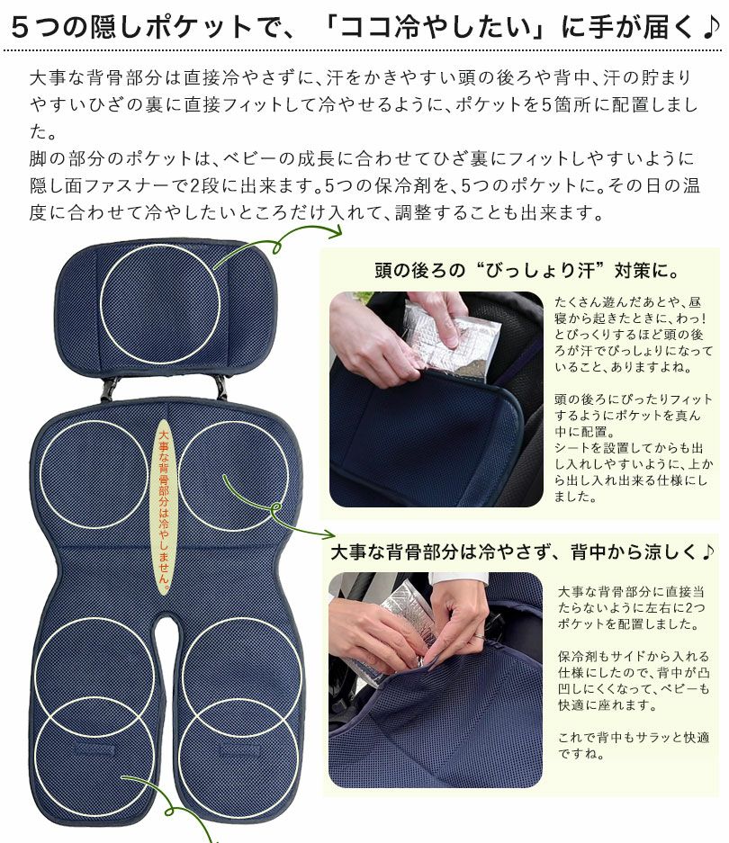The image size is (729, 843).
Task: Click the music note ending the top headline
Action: [709, 27]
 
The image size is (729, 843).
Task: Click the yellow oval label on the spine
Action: [163, 507]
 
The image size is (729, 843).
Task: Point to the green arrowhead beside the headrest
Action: [337, 232]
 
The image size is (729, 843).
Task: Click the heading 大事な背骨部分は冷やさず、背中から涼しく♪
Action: [522, 552]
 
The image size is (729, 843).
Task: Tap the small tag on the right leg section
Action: [236, 748]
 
